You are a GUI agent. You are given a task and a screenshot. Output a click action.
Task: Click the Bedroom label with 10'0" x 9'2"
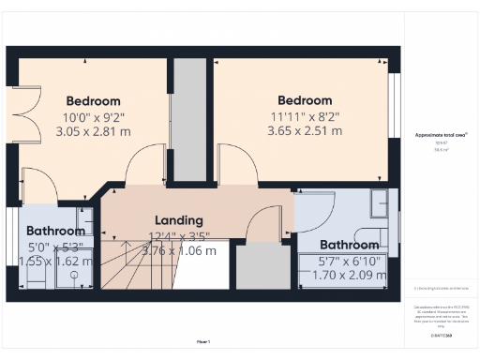[x=93, y=101]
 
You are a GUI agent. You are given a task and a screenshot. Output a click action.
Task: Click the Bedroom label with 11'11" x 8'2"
[x=305, y=100]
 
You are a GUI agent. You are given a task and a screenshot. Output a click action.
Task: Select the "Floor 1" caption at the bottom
[x=202, y=340]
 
